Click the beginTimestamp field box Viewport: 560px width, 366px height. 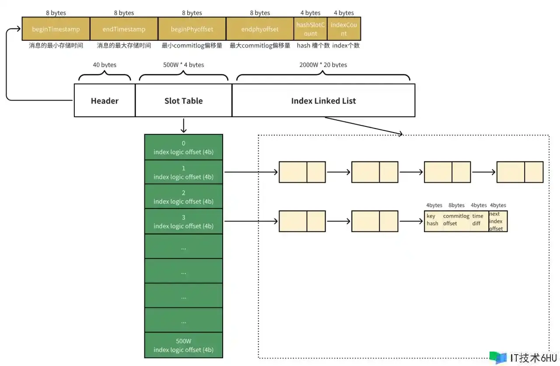[x=56, y=29]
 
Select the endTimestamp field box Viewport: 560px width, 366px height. [x=124, y=29]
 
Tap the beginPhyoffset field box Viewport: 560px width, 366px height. [x=192, y=29]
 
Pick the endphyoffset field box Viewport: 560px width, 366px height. [x=260, y=29]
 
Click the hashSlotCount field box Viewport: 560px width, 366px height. [x=311, y=29]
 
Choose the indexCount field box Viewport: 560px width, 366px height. [x=344, y=29]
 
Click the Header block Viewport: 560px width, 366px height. [x=105, y=101]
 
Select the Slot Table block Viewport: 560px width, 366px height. [x=183, y=101]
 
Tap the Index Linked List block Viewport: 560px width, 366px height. [x=323, y=101]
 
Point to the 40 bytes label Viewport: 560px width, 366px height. [x=105, y=65]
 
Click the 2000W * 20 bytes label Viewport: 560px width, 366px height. [x=323, y=65]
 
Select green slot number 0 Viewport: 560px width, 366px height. [x=183, y=147]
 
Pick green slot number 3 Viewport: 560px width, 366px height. [x=183, y=221]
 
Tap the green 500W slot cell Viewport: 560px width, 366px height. [x=183, y=345]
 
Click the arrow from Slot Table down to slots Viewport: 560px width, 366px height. [x=183, y=125]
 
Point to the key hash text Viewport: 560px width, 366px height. [x=432, y=220]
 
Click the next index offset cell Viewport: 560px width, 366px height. [x=498, y=221]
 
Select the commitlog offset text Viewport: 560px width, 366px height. [x=456, y=220]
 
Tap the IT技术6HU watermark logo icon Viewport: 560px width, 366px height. [x=498, y=357]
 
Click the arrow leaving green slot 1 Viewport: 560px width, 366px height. [x=251, y=172]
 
